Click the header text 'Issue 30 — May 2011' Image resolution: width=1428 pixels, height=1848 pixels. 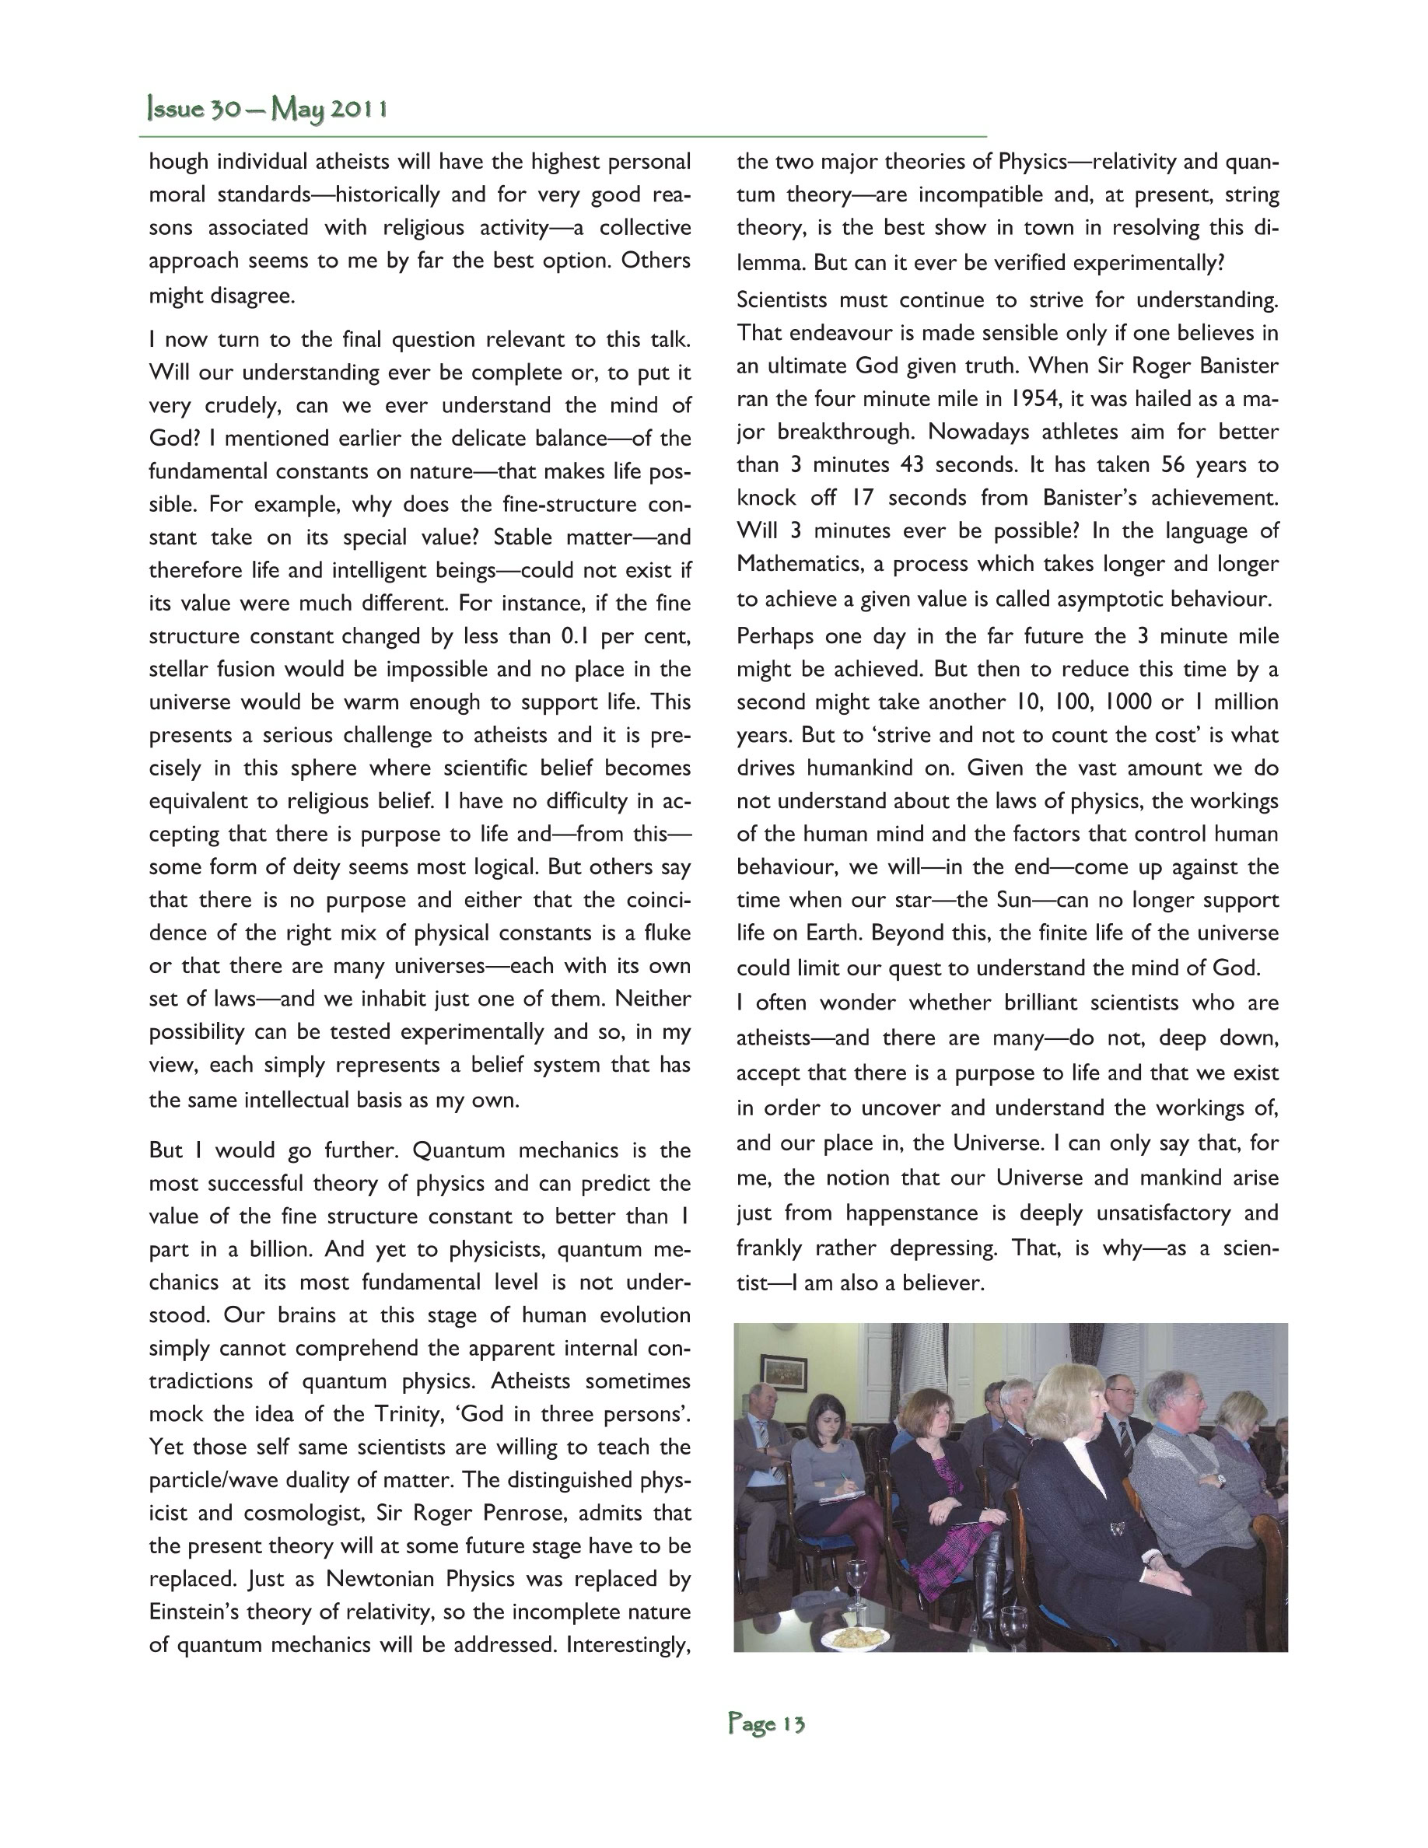pos(268,110)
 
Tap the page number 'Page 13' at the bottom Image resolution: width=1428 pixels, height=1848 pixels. pos(766,1724)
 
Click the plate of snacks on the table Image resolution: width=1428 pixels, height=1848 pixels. pos(858,1636)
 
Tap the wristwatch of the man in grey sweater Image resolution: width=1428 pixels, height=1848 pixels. pos(1221,1481)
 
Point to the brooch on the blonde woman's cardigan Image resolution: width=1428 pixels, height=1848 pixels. pos(1118,1528)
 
